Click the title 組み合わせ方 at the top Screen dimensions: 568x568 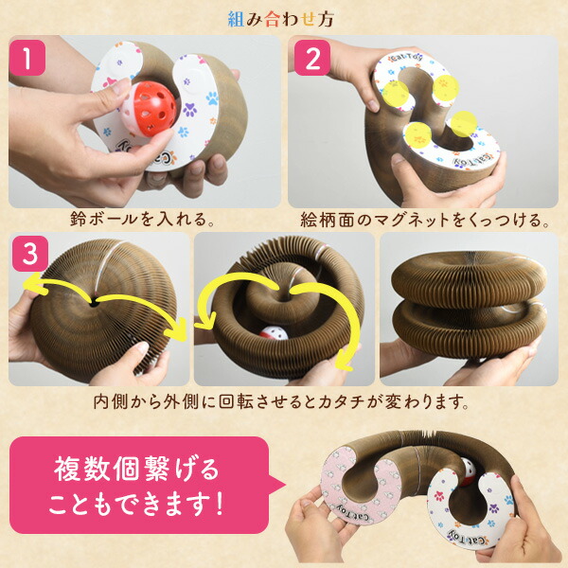point(284,17)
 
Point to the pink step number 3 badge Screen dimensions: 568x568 point(29,255)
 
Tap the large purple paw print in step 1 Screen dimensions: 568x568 point(209,97)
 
